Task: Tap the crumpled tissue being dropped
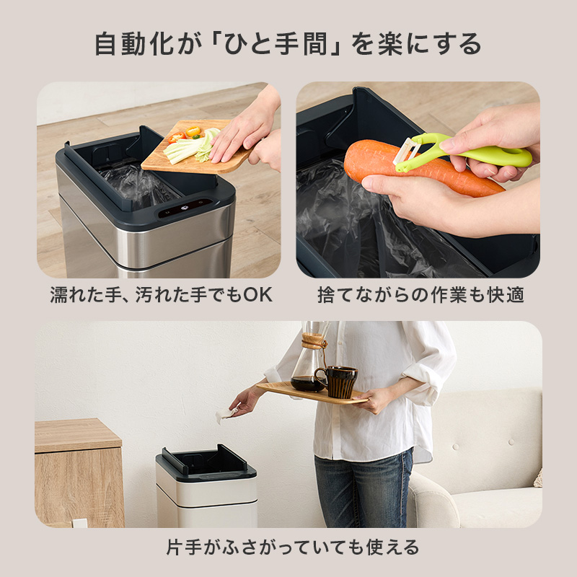point(225,413)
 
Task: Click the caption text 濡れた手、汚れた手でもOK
point(161,295)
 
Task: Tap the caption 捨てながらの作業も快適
point(420,295)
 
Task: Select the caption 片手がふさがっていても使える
point(288,545)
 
